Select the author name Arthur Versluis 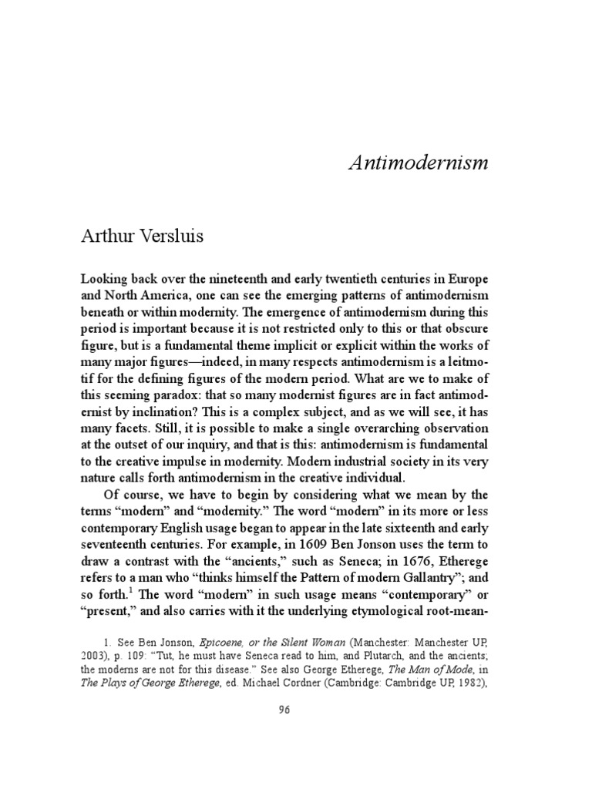click(x=143, y=236)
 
